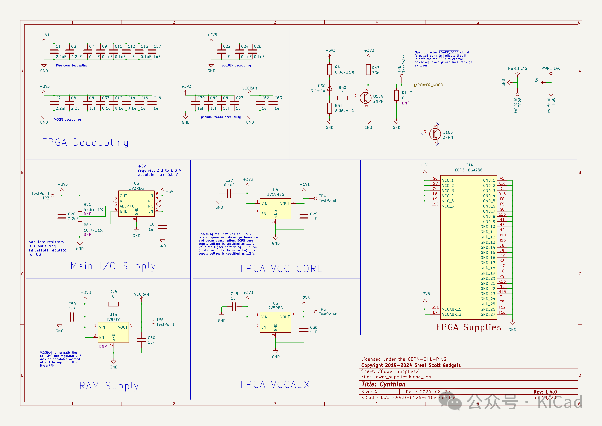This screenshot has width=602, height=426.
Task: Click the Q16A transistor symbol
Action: [365, 98]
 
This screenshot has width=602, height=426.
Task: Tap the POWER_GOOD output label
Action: [430, 85]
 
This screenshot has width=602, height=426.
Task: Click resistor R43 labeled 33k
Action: [368, 70]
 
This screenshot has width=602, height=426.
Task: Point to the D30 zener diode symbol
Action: [330, 88]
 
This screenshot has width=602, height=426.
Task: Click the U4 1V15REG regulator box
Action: [275, 209]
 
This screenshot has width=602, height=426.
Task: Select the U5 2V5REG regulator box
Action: [275, 322]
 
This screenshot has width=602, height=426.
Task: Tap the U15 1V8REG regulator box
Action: [113, 332]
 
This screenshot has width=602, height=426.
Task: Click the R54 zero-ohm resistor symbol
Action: [113, 304]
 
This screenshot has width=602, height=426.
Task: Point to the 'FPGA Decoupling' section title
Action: [85, 142]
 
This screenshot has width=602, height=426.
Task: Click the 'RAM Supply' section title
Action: [109, 386]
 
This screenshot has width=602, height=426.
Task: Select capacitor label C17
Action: [157, 46]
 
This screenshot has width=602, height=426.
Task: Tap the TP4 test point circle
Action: [316, 198]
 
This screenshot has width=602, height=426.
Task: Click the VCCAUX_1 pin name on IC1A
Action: [451, 309]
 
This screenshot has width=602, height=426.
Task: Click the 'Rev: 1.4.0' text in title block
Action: [545, 392]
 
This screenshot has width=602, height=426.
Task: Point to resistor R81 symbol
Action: [80, 206]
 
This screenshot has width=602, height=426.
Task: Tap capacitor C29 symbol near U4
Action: [304, 216]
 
